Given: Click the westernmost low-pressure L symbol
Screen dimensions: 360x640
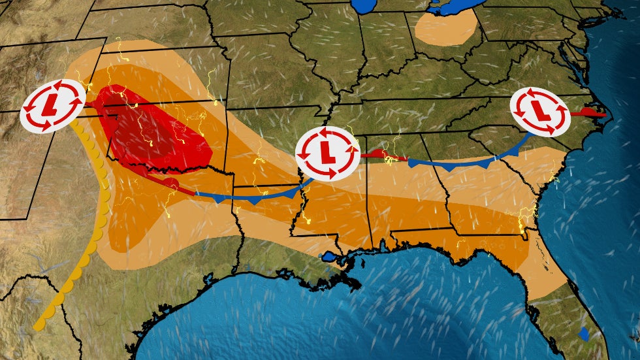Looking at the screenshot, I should [52, 105].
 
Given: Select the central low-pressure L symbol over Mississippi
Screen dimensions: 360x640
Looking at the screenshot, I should [327, 153].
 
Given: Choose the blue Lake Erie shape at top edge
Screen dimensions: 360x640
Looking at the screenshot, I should [457, 7].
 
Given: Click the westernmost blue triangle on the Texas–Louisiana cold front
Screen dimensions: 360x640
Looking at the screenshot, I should [217, 199].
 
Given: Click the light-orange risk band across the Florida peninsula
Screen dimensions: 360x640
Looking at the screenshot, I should [545, 274].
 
